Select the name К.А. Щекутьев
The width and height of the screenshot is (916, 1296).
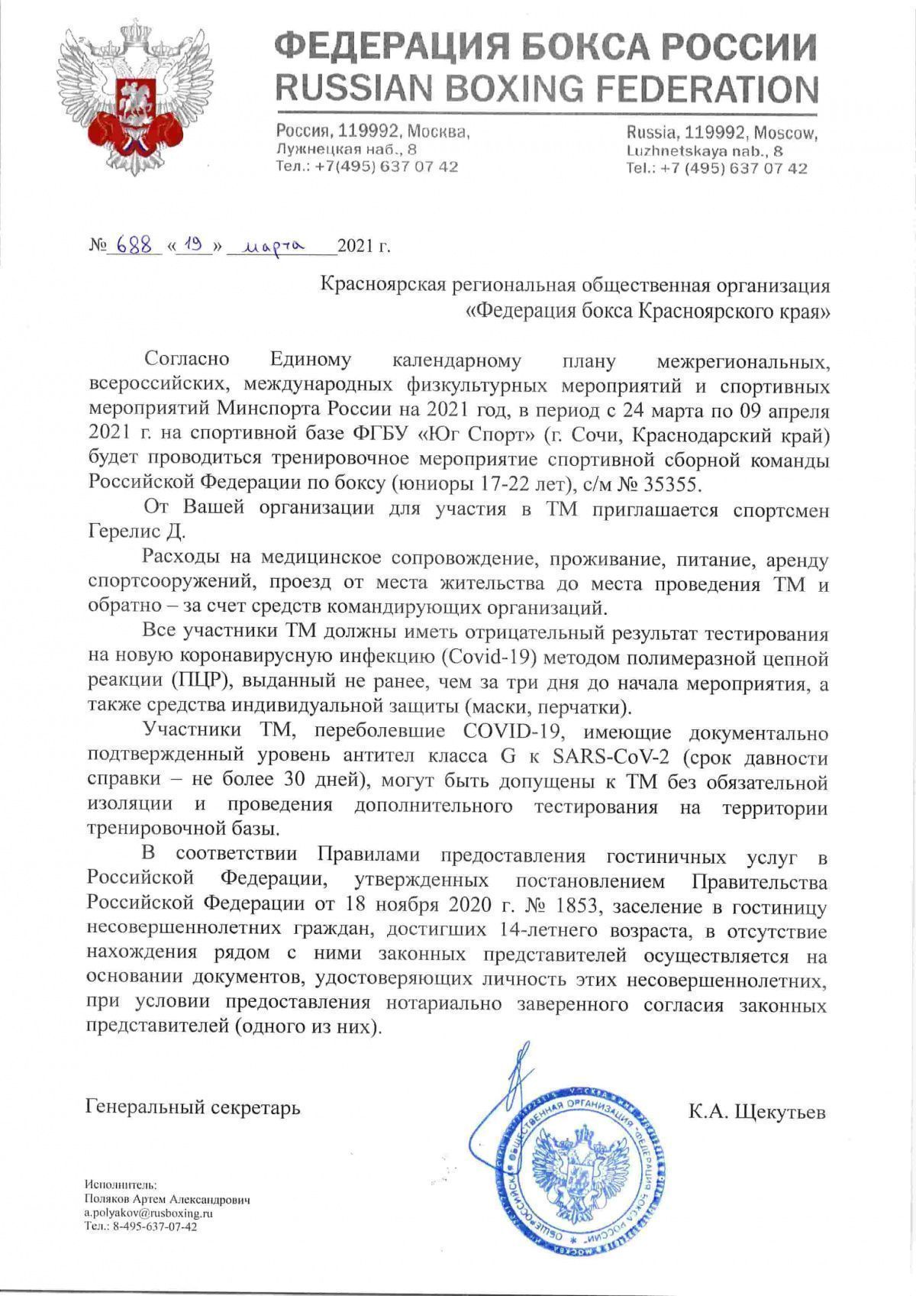pos(756,1112)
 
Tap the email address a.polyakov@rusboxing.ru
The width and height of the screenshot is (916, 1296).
pos(149,1213)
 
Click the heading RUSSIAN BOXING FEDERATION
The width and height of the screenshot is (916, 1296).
pos(546,89)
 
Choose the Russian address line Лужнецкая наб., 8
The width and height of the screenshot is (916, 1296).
pos(347,149)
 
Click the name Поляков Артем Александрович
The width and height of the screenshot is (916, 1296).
pos(168,1200)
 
